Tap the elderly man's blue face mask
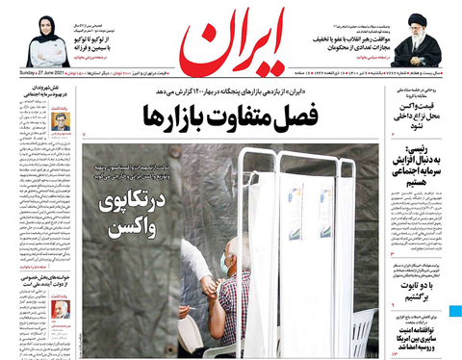pos(225,261)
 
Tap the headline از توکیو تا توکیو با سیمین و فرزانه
pos(110,39)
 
